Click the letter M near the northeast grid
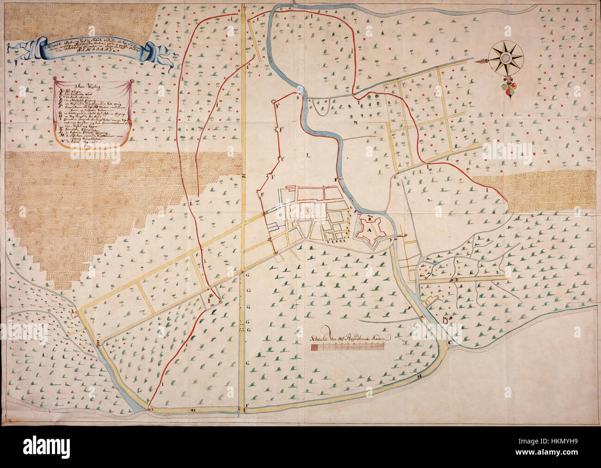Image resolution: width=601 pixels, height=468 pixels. [x=356, y=123]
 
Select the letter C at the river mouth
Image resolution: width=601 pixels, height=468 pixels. [x=450, y=343]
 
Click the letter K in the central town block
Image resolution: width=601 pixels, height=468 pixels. [x=307, y=209]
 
